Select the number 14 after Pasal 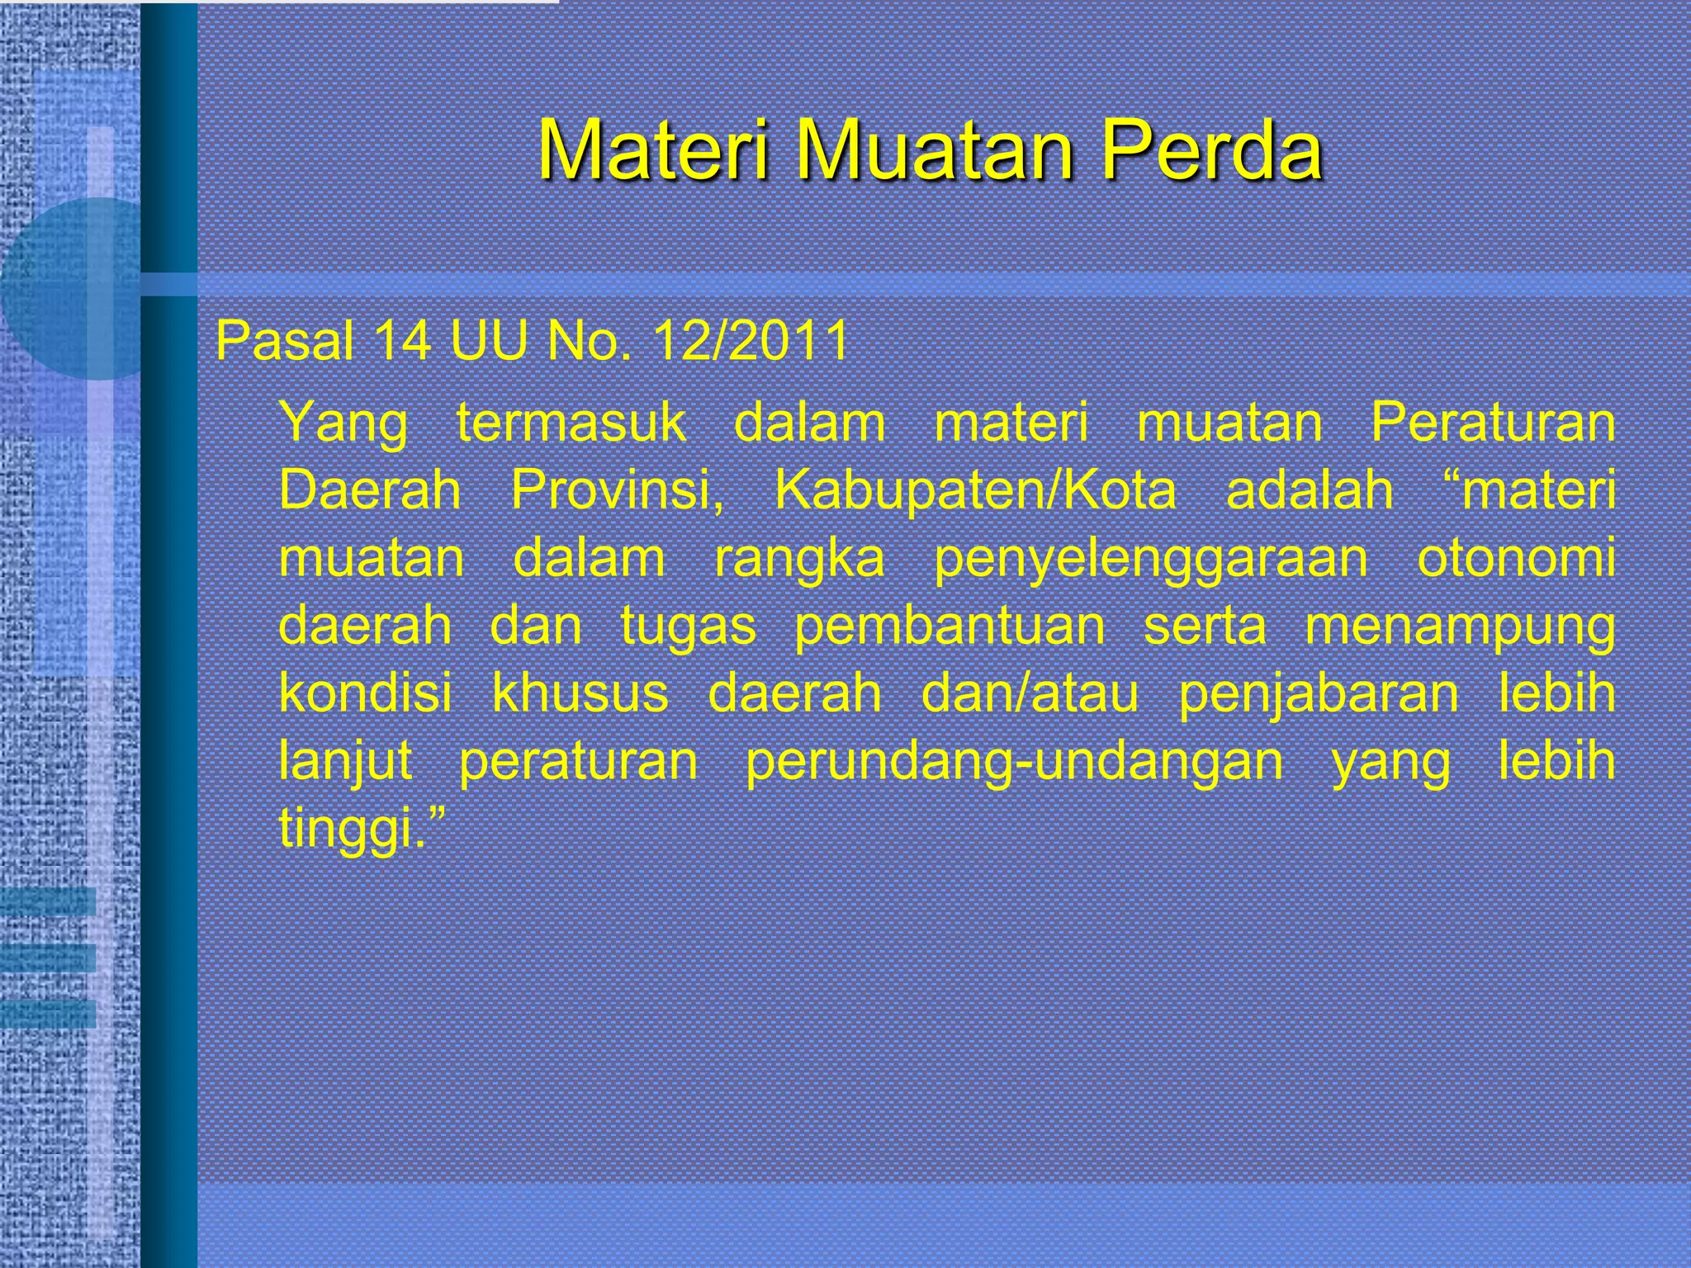[x=402, y=340]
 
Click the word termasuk [x=571, y=423]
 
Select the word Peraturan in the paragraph [x=1493, y=423]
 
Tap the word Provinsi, [x=617, y=490]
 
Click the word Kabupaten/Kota [x=975, y=490]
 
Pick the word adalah [x=1310, y=490]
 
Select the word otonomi [x=1516, y=558]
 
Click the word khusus [x=580, y=693]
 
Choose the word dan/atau [x=1030, y=693]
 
